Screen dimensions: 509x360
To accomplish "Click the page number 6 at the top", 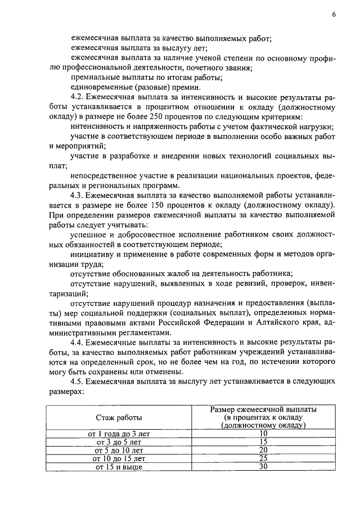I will pos(333,15).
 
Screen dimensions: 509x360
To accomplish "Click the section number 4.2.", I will pos(78,97).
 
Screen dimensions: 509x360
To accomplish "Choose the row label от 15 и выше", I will pos(119,466).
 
